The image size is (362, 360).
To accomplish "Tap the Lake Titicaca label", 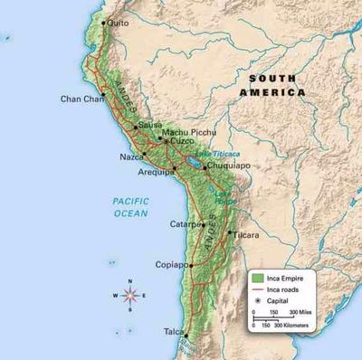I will click(x=217, y=154).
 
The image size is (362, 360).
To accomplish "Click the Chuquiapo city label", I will click(x=227, y=166).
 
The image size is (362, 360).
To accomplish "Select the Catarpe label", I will click(x=184, y=223).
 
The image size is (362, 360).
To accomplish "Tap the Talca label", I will click(x=172, y=332).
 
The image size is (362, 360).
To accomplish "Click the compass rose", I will click(x=129, y=295).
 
